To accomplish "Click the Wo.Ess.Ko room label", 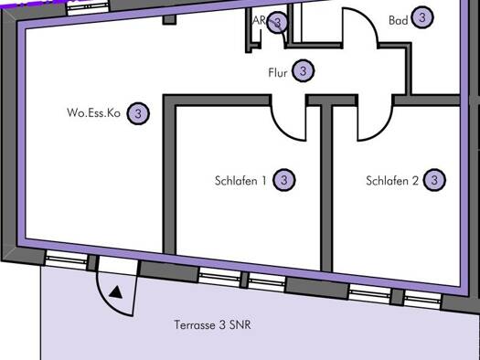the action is (x=93, y=112).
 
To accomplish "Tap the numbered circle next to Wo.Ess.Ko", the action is (x=138, y=113).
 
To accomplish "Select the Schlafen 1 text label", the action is (x=240, y=181).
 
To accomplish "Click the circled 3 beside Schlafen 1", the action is (x=284, y=180).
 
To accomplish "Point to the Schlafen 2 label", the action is (x=392, y=181).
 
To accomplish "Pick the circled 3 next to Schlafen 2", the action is (x=434, y=180).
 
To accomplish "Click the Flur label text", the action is (x=278, y=73).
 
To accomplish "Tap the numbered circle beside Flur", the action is (x=303, y=71).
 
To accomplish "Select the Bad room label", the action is (x=398, y=20).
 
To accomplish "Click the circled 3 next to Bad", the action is (x=422, y=17).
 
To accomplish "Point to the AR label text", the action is (x=259, y=20).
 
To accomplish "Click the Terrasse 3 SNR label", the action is (x=212, y=324).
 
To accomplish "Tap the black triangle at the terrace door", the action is (x=116, y=292).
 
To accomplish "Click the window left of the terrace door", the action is (x=66, y=260).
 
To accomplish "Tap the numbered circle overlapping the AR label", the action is (x=277, y=22).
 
